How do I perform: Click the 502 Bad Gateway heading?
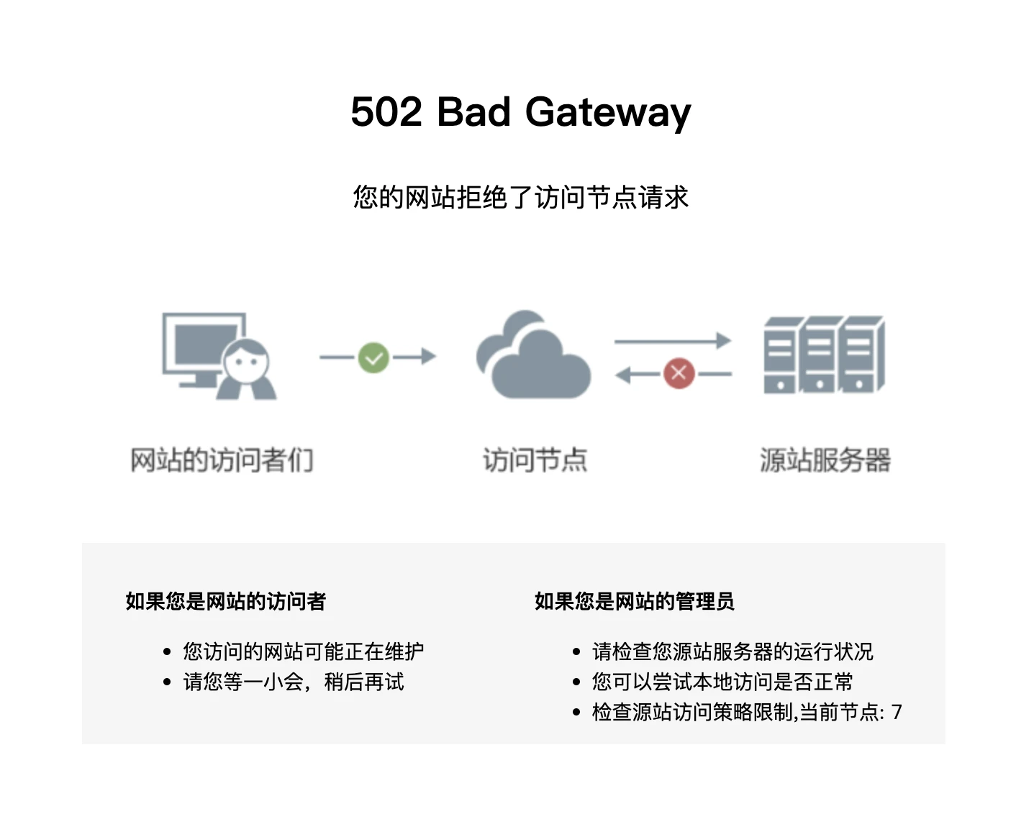click(x=520, y=113)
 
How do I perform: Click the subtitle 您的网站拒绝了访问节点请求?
click(x=520, y=197)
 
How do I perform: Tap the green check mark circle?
click(x=373, y=357)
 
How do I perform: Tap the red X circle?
click(x=678, y=373)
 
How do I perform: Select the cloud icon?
click(x=533, y=357)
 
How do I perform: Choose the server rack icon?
click(x=824, y=355)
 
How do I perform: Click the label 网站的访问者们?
click(x=222, y=460)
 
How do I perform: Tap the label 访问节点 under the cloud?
click(x=535, y=460)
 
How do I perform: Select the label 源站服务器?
click(x=825, y=460)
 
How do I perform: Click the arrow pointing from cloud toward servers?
click(x=672, y=341)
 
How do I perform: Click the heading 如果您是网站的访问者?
click(x=226, y=601)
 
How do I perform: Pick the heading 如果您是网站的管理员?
click(x=634, y=601)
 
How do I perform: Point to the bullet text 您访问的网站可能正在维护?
click(x=303, y=651)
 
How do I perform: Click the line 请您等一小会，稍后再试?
click(x=294, y=682)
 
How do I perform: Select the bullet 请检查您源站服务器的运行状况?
click(x=732, y=651)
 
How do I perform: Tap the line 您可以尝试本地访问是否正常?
click(x=722, y=682)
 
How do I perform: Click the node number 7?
click(x=897, y=712)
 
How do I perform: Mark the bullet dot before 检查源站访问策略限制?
click(x=576, y=713)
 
